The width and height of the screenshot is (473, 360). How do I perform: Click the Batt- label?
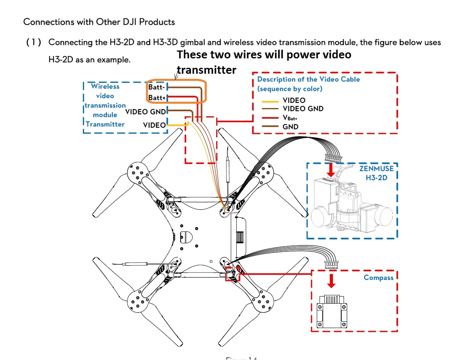[x=156, y=87]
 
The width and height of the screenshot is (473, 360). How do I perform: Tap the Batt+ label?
[x=156, y=97]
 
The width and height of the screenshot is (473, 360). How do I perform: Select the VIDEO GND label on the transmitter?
[x=146, y=112]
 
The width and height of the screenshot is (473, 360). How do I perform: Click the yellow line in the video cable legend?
[x=270, y=101]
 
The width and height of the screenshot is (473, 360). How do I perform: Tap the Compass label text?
[x=378, y=278]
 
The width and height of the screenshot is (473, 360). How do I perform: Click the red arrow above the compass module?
[x=332, y=280]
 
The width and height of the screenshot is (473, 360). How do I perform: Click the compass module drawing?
[x=332, y=311]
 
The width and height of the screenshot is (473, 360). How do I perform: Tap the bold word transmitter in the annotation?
[x=206, y=70]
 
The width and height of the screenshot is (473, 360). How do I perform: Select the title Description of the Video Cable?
[x=308, y=79]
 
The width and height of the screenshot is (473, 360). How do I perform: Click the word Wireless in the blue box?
[x=105, y=86]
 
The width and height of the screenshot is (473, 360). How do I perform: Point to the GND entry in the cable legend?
[x=290, y=127]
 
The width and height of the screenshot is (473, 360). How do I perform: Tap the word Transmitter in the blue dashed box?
[x=105, y=124]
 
